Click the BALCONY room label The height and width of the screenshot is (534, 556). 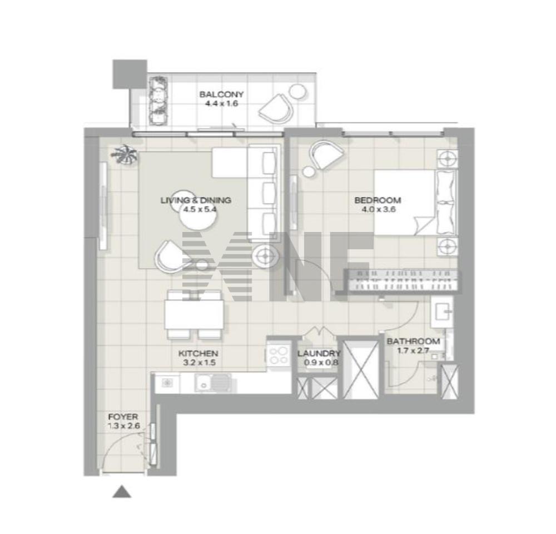[x=221, y=95]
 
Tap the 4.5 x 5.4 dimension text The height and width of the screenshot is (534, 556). [x=200, y=209]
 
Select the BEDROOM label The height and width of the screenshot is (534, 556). [x=378, y=200]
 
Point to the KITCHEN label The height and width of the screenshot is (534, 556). [x=198, y=353]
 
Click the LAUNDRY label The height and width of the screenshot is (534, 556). [x=319, y=353]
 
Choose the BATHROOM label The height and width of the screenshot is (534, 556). [x=413, y=342]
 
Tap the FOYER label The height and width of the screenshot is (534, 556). [x=123, y=417]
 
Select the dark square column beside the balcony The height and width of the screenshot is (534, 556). [x=130, y=74]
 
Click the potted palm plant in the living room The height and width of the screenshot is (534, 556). [x=124, y=155]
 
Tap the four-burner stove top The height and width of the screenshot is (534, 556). [x=279, y=355]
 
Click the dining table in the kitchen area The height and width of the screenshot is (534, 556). [x=194, y=314]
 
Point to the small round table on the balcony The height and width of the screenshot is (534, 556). [x=297, y=92]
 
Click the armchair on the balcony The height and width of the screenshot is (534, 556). [x=276, y=108]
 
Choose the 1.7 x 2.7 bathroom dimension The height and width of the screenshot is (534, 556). [x=413, y=350]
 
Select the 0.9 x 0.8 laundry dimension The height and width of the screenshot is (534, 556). [x=321, y=363]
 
